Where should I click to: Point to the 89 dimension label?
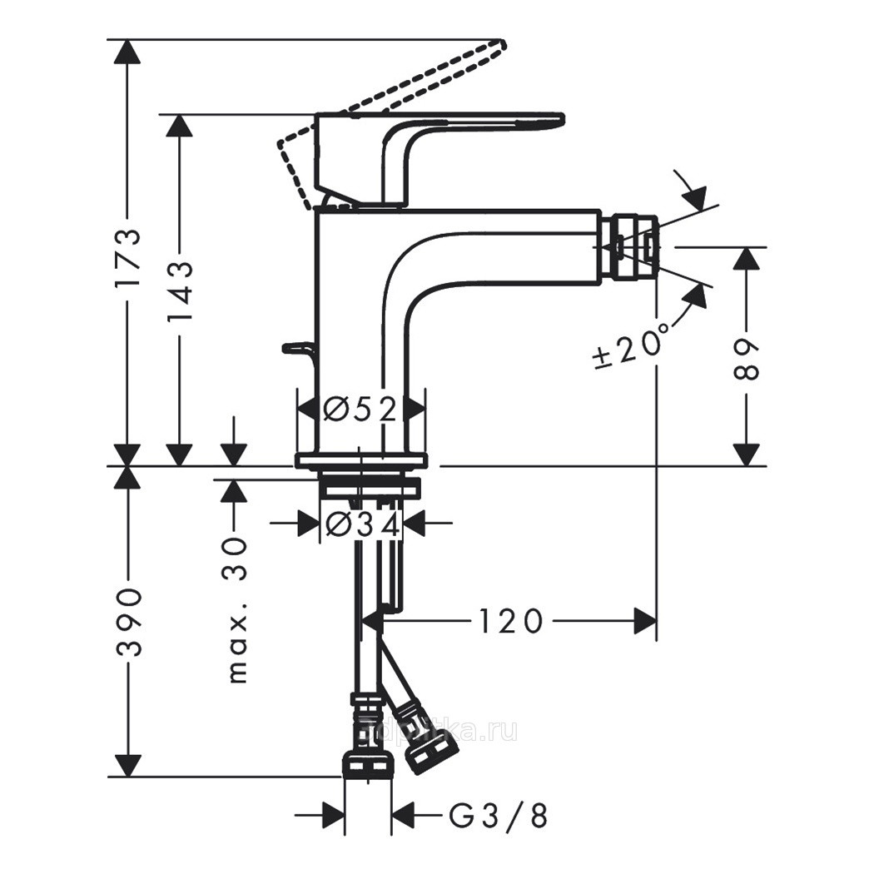coord(747,359)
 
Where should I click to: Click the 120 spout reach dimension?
coord(510,621)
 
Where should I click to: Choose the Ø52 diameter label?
coord(360,409)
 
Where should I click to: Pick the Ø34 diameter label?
coord(362,524)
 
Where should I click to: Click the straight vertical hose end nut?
coord(367,762)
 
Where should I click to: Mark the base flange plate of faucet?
coord(361,461)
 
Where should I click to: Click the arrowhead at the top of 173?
coord(127,52)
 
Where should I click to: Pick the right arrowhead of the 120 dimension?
coord(645,621)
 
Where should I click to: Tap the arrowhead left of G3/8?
coord(333,817)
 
